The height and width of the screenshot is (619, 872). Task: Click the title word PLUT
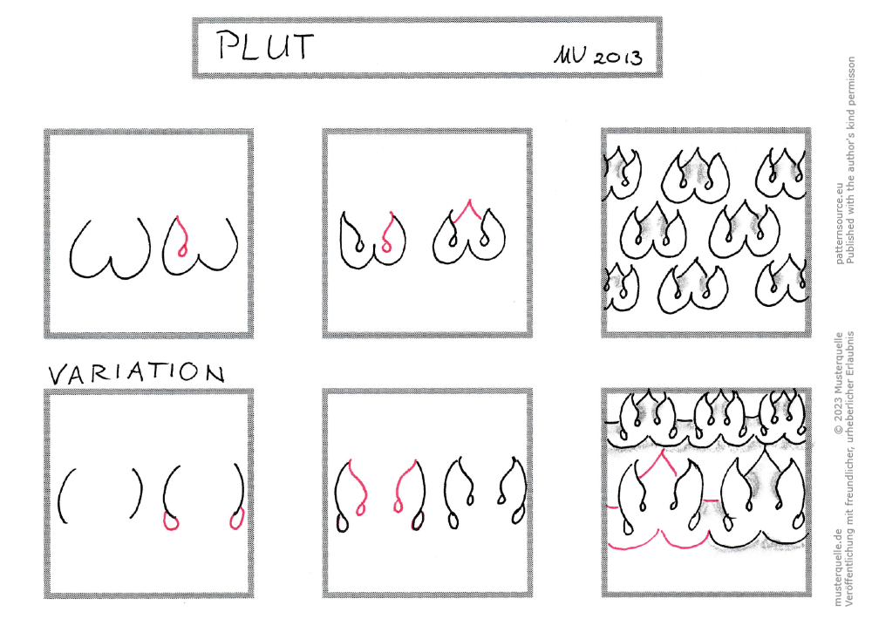[x=266, y=45]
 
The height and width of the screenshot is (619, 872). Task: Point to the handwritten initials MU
[x=569, y=55]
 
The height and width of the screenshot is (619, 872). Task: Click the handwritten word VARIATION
[x=137, y=373]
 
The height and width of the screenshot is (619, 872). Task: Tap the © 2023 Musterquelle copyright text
[x=839, y=384]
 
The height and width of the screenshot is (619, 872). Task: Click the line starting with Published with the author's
[x=850, y=160]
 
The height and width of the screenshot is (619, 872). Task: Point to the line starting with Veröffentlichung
[x=849, y=469]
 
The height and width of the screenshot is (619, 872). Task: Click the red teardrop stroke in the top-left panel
[x=179, y=236]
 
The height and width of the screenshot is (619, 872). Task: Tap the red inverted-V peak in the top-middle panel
[x=469, y=210]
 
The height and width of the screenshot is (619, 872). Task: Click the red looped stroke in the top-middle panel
[x=388, y=233]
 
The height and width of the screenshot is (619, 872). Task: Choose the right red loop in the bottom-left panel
[x=236, y=519]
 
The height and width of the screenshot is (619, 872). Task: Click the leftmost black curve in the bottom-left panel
[x=61, y=495]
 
